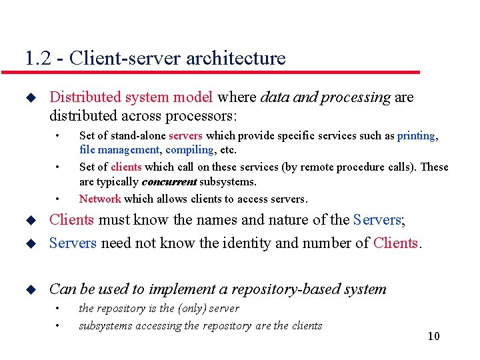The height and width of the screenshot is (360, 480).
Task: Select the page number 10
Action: pos(433,335)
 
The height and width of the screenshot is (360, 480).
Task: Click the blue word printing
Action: pos(416,135)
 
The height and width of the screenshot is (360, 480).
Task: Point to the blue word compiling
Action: pos(190,150)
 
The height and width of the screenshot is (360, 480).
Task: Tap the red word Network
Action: pos(100,199)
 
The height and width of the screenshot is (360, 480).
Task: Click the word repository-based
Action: pos(295,289)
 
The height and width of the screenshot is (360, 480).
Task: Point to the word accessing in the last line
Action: pos(158,325)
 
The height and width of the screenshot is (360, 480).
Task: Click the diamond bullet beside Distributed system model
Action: pos(29,97)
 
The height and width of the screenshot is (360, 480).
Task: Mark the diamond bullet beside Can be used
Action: pos(29,289)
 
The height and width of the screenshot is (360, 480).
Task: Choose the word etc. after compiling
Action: pos(229,150)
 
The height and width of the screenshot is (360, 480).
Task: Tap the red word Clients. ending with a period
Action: pos(397,243)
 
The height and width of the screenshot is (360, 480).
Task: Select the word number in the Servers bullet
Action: pos(322,243)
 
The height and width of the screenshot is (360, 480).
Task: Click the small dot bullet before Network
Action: pos(59,199)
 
